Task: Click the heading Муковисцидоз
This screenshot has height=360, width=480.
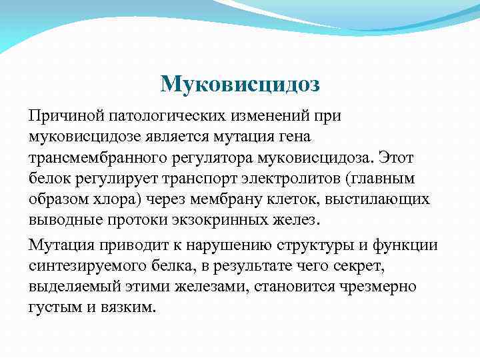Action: tap(241, 84)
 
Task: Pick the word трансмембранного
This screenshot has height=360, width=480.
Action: tap(96, 158)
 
